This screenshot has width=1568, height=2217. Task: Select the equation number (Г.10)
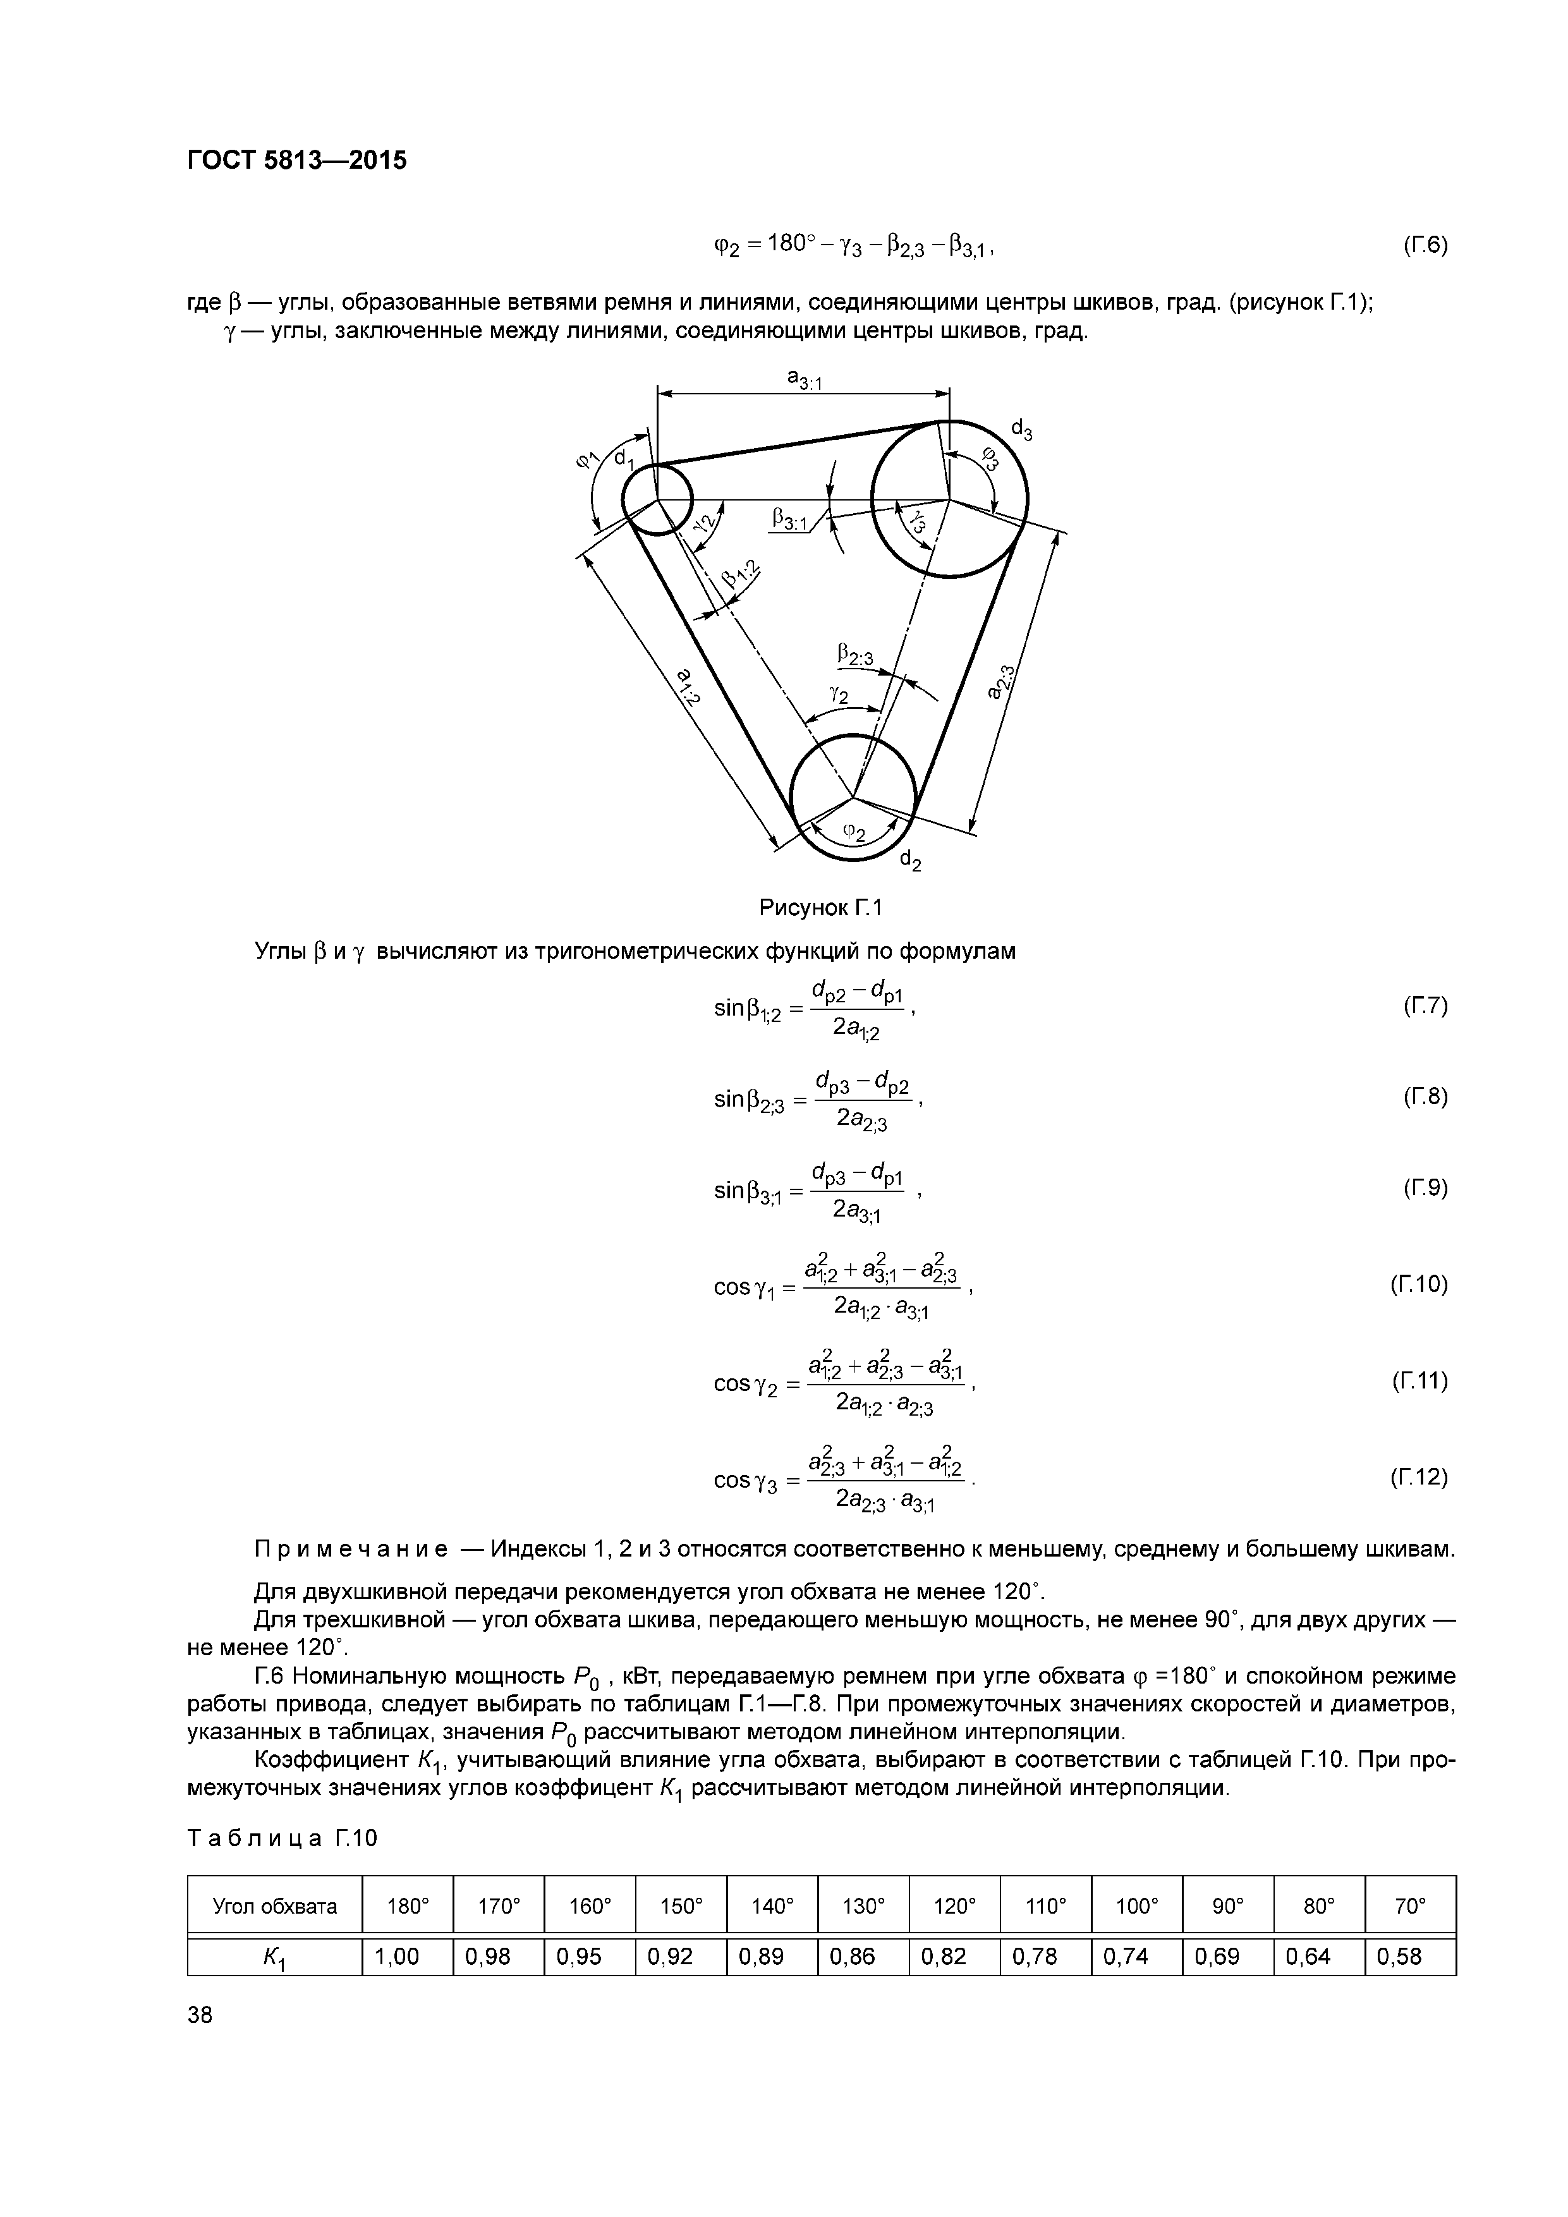click(1419, 1284)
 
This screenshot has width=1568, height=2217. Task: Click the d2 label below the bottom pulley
click(909, 860)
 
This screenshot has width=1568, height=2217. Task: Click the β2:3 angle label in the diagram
click(856, 657)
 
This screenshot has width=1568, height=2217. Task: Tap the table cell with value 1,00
click(397, 1956)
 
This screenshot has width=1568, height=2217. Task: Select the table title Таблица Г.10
click(281, 1838)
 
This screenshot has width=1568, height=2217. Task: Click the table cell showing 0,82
click(944, 1956)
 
